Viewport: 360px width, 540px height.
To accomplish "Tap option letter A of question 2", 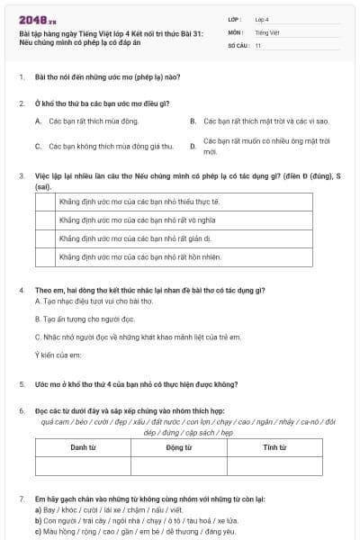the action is pos(38,121).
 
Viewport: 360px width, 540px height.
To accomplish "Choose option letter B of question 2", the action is pos(193,121).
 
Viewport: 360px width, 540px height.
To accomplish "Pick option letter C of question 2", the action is pos(38,146).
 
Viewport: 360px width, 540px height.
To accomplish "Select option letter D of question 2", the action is pos(193,146).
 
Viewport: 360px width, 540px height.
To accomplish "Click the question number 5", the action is pos(22,384).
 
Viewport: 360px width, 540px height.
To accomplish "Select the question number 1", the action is pos(22,78).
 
